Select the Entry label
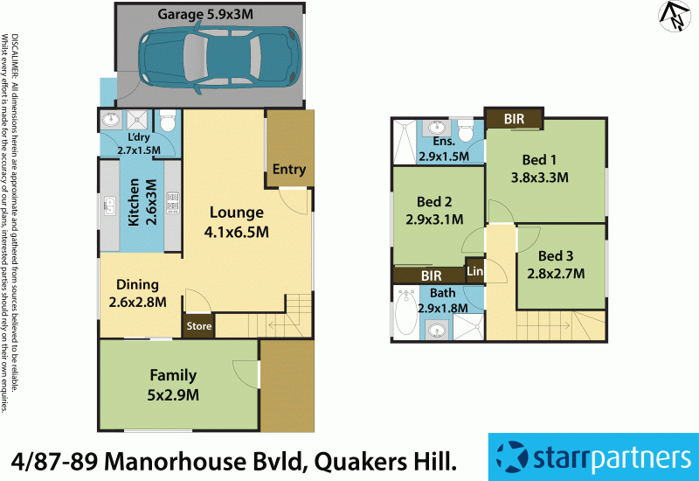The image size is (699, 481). tap(288, 170)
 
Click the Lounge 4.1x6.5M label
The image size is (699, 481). tap(236, 222)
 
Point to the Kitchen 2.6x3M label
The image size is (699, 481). tap(142, 204)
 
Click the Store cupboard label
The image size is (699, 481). tap(198, 328)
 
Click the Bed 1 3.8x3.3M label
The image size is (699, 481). tap(539, 168)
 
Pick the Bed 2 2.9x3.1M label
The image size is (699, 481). tap(434, 211)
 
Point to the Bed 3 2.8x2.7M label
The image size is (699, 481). tap(556, 264)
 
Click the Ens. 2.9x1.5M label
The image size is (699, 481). tap(444, 149)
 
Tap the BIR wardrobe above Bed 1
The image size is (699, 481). tap(515, 118)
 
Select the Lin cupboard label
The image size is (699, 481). tap(474, 271)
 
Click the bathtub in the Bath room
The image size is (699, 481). tap(406, 313)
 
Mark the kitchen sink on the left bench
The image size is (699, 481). tap(109, 206)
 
